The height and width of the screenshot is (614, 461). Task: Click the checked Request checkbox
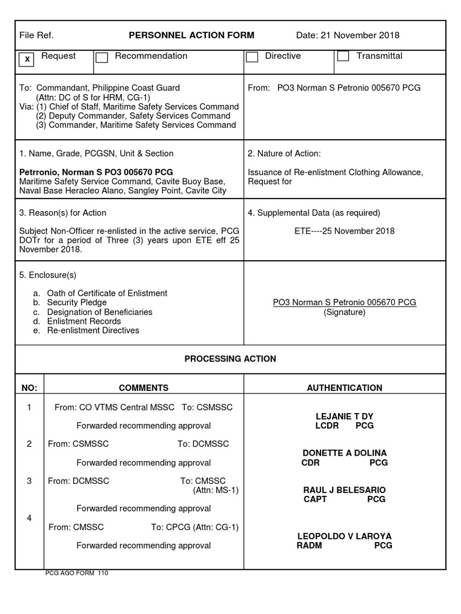pos(26,59)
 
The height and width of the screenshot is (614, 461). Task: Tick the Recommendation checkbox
pos(102,58)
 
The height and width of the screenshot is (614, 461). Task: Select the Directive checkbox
pos(252,58)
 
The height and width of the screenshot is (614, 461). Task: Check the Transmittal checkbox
pos(343,56)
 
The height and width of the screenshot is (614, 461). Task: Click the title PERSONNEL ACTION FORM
pos(191,35)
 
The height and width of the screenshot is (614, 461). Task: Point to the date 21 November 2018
pos(348,35)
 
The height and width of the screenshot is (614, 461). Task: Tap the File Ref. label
pos(37,35)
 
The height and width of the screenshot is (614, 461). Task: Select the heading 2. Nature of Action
pos(284,153)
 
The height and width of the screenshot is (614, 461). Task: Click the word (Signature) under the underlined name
pos(344,312)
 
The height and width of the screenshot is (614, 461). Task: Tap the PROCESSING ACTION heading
pos(230,359)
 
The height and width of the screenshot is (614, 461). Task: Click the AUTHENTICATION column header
pos(344,388)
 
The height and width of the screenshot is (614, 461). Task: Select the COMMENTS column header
pos(143,388)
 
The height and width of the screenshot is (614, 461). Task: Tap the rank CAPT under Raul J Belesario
pos(315,499)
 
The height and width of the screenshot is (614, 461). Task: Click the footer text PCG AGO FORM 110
pos(77,573)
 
